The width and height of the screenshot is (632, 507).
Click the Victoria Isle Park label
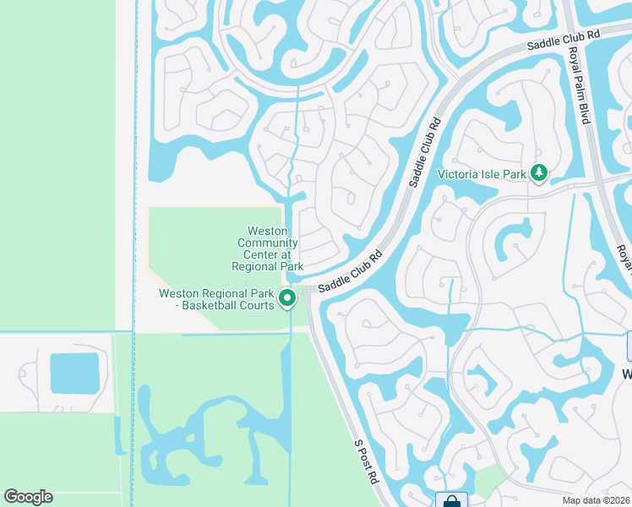482,175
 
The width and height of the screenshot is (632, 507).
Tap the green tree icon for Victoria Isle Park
538,174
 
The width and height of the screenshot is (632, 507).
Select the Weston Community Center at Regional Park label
268,248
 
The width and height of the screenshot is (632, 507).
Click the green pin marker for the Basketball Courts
287,297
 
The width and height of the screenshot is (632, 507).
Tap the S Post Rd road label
366,461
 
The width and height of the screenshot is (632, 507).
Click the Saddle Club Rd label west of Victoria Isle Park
426,152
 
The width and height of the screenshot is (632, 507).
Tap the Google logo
28,497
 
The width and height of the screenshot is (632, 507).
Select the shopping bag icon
451,500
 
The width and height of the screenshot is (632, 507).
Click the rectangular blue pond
74,373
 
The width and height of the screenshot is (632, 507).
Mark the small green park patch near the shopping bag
488,480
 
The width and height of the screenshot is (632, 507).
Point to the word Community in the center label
267,243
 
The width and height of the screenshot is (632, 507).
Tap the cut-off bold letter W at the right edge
627,374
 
